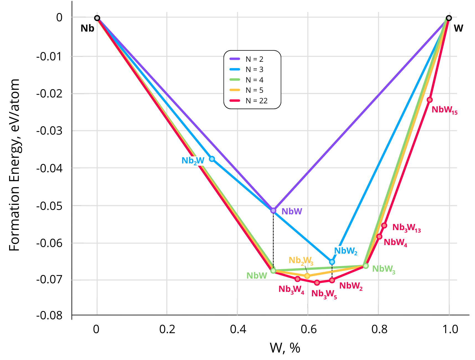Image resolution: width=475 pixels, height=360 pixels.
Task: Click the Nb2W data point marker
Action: [x=212, y=159]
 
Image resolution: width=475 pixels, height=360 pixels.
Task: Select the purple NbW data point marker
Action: [x=273, y=211]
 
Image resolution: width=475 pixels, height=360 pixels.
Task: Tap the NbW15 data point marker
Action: [x=429, y=100]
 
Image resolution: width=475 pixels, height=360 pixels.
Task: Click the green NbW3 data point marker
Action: [x=366, y=266]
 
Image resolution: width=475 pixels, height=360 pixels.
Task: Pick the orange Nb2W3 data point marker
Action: [x=307, y=276]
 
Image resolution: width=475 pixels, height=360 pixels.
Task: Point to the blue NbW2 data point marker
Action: [x=332, y=262]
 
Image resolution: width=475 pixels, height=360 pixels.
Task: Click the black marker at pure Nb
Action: [x=97, y=18]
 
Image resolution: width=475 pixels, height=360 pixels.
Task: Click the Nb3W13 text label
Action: [x=406, y=228]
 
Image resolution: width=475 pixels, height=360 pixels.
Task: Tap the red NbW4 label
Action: [x=395, y=243]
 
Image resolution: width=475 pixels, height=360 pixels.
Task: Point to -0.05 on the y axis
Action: [x=50, y=206]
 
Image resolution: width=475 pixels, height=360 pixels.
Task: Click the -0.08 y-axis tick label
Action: [x=50, y=315]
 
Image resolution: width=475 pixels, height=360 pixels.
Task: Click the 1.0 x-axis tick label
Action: [x=450, y=329]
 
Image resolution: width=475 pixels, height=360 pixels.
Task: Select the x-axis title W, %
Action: [x=285, y=348]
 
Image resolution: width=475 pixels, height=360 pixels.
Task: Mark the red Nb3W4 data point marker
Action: [x=298, y=279]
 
